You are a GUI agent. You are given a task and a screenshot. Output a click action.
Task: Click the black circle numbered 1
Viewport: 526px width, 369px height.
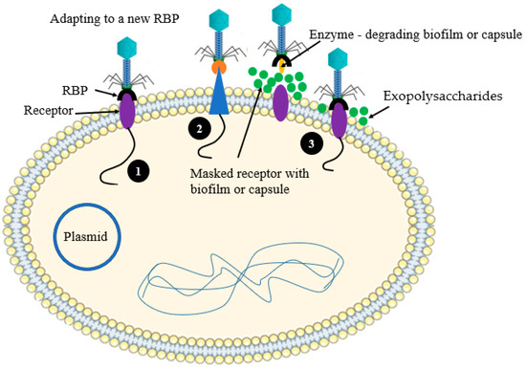[x=139, y=173]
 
